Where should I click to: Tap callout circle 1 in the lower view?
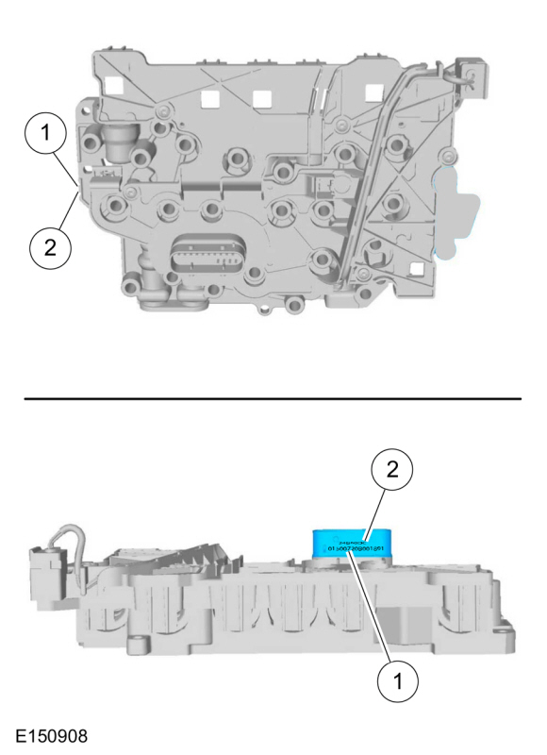click(x=396, y=677)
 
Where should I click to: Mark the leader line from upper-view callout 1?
click(x=68, y=167)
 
